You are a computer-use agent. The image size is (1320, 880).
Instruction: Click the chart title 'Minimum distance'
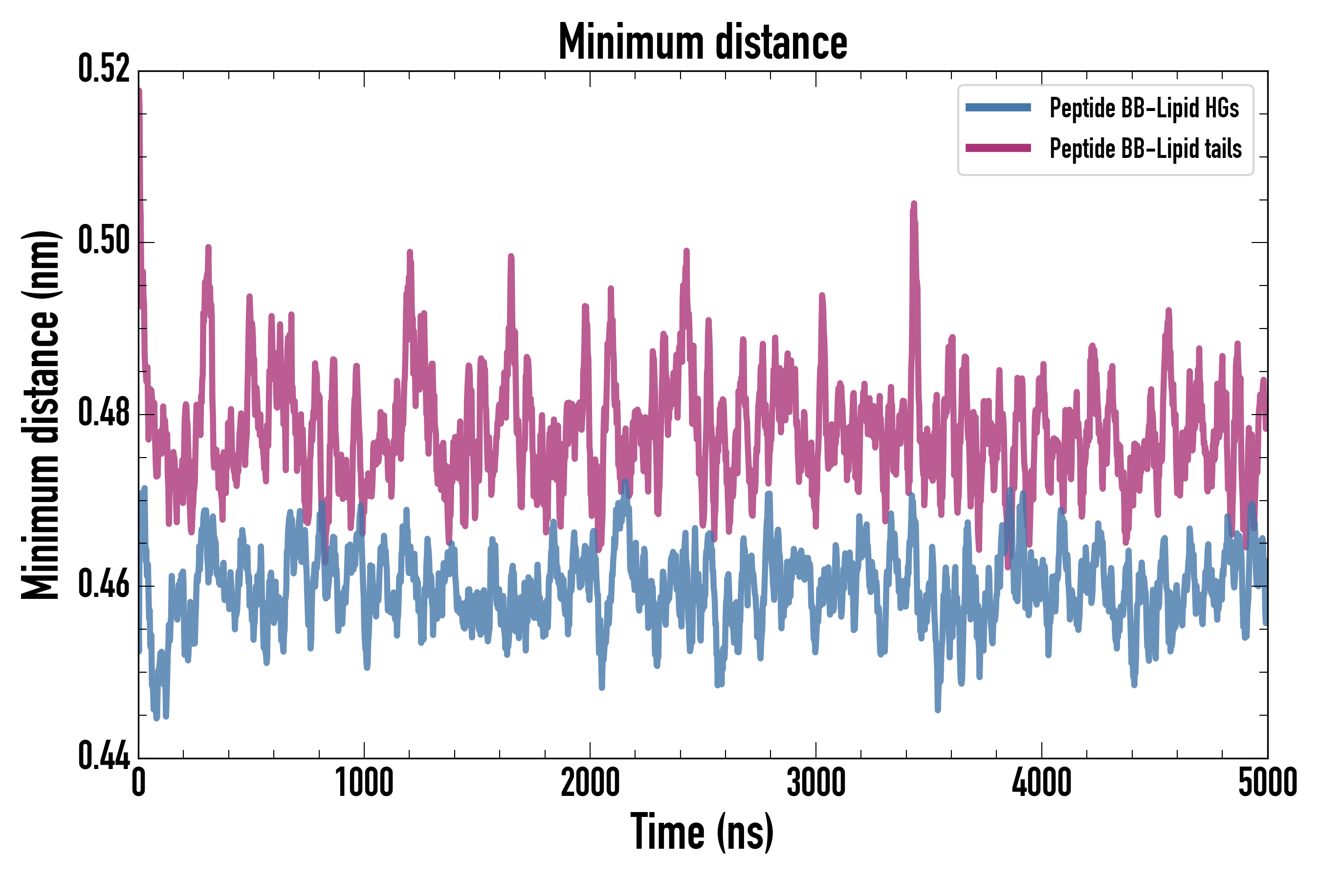tap(703, 42)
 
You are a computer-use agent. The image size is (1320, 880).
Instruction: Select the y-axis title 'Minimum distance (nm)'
tap(41, 415)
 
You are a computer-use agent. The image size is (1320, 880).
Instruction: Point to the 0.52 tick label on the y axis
tap(104, 69)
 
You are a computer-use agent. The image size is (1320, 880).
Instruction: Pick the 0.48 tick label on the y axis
tap(104, 414)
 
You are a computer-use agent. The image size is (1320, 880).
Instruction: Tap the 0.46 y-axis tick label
tap(104, 585)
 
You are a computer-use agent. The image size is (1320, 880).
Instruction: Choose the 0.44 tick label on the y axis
tap(104, 756)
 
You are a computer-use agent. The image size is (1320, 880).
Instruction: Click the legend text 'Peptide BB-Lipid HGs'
tap(1144, 108)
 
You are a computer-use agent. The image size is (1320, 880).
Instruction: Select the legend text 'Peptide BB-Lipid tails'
tap(1145, 149)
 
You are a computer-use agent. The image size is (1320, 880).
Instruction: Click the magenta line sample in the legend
tap(998, 148)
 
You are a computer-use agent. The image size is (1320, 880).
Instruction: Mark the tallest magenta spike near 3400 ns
tap(914, 204)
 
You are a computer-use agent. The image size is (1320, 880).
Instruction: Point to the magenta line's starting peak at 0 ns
tap(140, 91)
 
